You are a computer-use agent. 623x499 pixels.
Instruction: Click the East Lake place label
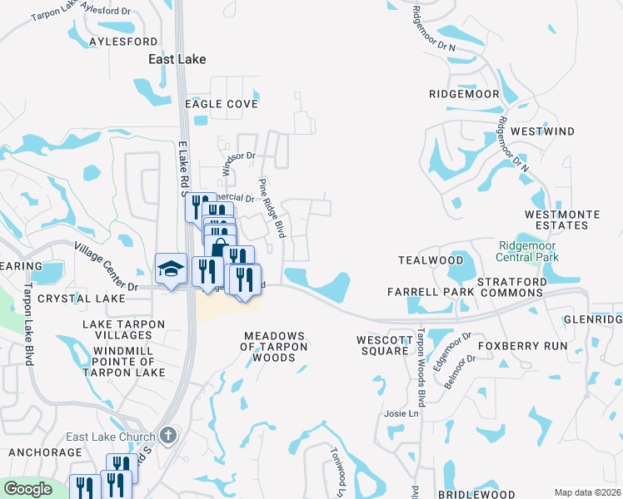point(177,59)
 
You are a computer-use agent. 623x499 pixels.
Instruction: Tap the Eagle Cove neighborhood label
point(221,104)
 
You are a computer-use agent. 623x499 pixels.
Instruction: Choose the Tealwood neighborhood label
point(431,260)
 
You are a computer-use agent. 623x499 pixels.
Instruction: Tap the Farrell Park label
point(430,292)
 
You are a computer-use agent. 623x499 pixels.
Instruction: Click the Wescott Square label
point(381,345)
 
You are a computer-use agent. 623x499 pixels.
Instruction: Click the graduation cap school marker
point(171,269)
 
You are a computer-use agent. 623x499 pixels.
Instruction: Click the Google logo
point(28,489)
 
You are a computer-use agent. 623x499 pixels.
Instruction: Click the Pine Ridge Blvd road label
point(272,209)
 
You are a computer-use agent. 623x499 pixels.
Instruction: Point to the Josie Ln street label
point(400,415)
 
